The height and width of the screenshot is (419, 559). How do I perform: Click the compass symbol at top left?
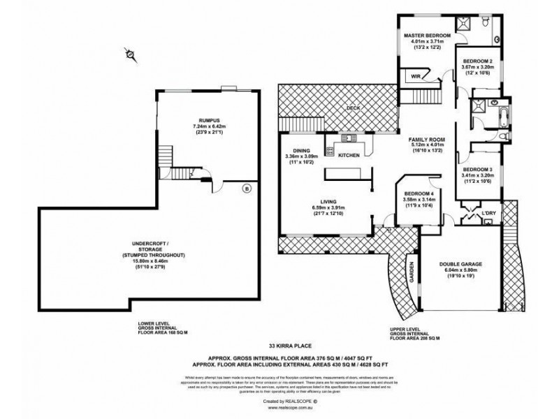coord(129,53)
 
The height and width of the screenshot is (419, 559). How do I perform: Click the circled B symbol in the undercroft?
coord(246,188)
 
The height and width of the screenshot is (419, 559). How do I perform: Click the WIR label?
coord(415,76)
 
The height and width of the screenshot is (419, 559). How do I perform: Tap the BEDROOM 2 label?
coord(479,61)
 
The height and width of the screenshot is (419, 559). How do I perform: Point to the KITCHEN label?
coord(349,155)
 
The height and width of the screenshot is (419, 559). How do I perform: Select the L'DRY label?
coord(488,212)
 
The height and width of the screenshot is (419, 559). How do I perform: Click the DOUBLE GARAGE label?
coord(461,264)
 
